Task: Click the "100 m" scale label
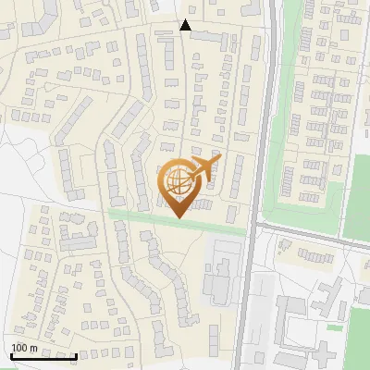[24, 348]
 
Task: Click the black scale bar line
[43, 356]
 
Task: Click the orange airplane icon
[203, 169]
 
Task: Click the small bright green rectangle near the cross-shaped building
[335, 327]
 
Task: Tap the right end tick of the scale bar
[76, 356]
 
